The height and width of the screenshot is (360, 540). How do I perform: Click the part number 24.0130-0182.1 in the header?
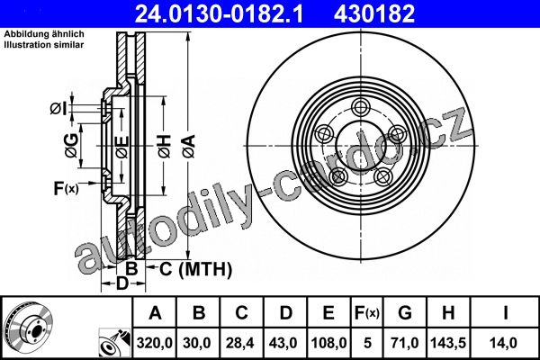point(219,13)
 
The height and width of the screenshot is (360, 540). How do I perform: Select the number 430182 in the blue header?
point(374,13)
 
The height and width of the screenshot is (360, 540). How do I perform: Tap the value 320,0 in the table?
point(154,343)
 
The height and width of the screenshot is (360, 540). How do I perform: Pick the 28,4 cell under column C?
point(240,343)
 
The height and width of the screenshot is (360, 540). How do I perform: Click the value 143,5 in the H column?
point(448,343)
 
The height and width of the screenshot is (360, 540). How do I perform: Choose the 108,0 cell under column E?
point(328,343)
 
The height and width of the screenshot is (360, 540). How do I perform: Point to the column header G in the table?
point(405,313)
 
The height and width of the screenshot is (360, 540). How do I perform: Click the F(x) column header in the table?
point(367,313)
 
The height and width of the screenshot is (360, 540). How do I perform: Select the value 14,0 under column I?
point(505,343)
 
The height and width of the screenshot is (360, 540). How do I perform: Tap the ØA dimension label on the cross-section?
point(189,147)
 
